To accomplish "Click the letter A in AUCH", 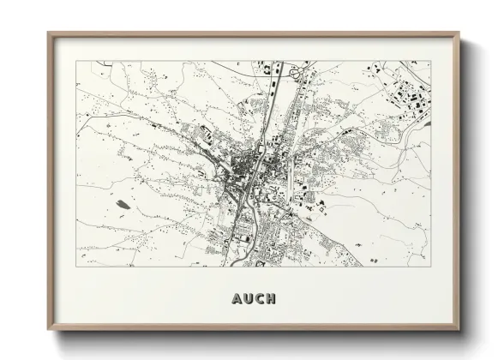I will [x=237, y=299].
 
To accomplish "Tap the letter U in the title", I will [x=248, y=299].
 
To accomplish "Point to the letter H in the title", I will [x=271, y=299].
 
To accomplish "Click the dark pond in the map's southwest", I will [x=123, y=205].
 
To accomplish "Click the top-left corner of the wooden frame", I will [x=49, y=34].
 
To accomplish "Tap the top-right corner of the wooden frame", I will [x=459, y=34].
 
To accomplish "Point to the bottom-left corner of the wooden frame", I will [x=49, y=330].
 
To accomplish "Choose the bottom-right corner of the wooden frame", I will [x=459, y=330].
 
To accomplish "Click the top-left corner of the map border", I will [x=76, y=61].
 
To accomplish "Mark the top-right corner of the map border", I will [x=430, y=61].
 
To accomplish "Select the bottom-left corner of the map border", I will [x=76, y=266].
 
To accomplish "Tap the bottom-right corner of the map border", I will [x=430, y=266].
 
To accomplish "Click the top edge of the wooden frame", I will [x=254, y=34].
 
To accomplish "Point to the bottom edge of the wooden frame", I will [x=254, y=329].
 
